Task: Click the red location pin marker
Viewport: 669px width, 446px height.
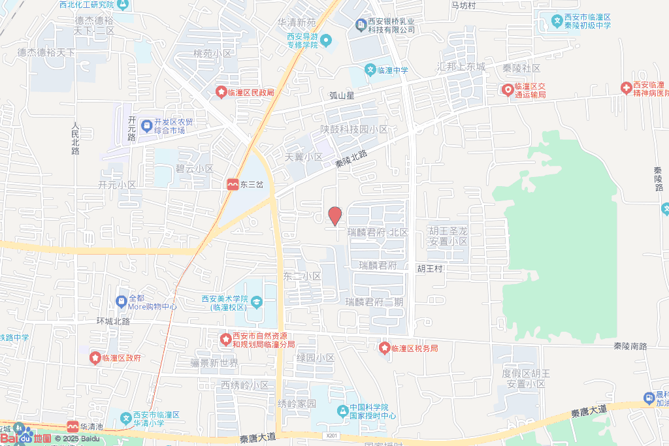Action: tap(334, 215)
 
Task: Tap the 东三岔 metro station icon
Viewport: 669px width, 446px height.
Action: tap(233, 185)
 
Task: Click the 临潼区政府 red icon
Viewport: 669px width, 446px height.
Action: tap(95, 358)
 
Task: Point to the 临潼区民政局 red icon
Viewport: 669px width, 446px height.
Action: tap(221, 93)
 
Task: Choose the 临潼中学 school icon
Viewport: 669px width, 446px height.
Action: tap(370, 71)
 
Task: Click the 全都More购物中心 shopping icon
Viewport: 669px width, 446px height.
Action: tap(121, 301)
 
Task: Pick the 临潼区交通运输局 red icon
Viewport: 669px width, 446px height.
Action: tap(507, 89)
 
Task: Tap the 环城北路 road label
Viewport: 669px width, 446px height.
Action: tap(113, 322)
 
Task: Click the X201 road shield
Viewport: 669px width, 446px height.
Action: tap(332, 435)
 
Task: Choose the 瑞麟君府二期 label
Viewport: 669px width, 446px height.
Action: tap(374, 302)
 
